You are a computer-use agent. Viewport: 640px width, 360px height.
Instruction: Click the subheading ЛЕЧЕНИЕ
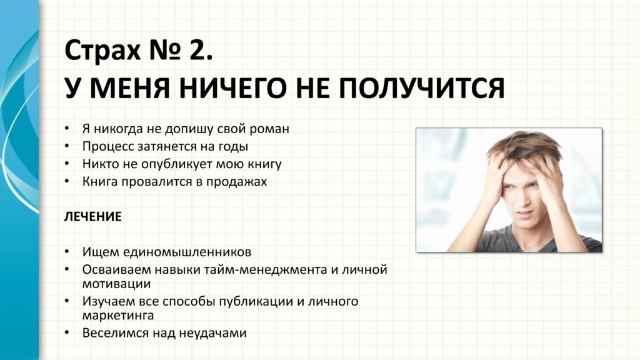(x=92, y=216)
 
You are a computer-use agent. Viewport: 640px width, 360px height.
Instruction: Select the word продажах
(x=236, y=182)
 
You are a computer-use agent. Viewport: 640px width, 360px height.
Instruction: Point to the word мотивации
(x=116, y=284)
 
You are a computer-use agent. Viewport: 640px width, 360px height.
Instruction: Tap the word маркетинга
(x=118, y=316)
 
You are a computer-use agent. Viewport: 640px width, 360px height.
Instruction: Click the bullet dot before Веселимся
(x=67, y=332)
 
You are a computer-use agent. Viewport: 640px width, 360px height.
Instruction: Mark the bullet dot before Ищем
(x=67, y=251)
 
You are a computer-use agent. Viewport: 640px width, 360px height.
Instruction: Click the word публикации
(x=256, y=302)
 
